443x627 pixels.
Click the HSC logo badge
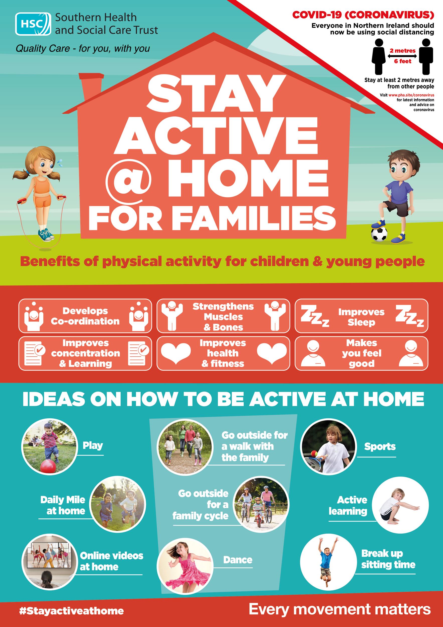click(33, 24)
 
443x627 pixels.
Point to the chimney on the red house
click(90, 90)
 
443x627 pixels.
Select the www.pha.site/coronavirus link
click(411, 95)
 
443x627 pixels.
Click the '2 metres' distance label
click(403, 51)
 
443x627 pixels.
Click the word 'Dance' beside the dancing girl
click(237, 560)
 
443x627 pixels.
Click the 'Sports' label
click(380, 446)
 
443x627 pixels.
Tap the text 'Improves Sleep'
click(361, 317)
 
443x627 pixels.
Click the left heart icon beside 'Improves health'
click(175, 354)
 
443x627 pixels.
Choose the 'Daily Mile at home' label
click(63, 505)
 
